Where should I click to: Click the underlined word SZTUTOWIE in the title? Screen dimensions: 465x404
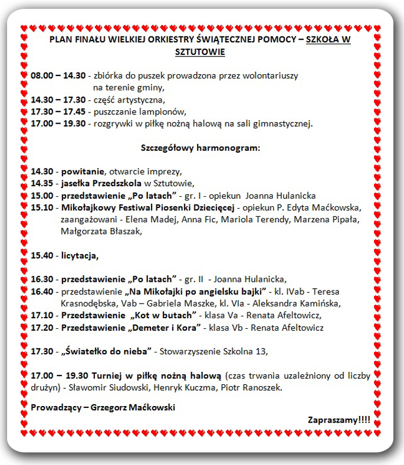201,52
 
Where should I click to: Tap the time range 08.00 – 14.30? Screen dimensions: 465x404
58,76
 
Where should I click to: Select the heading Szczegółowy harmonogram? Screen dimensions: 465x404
200,147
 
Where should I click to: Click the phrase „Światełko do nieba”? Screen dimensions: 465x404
106,351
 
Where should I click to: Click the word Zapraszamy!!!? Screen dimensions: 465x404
339,420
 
